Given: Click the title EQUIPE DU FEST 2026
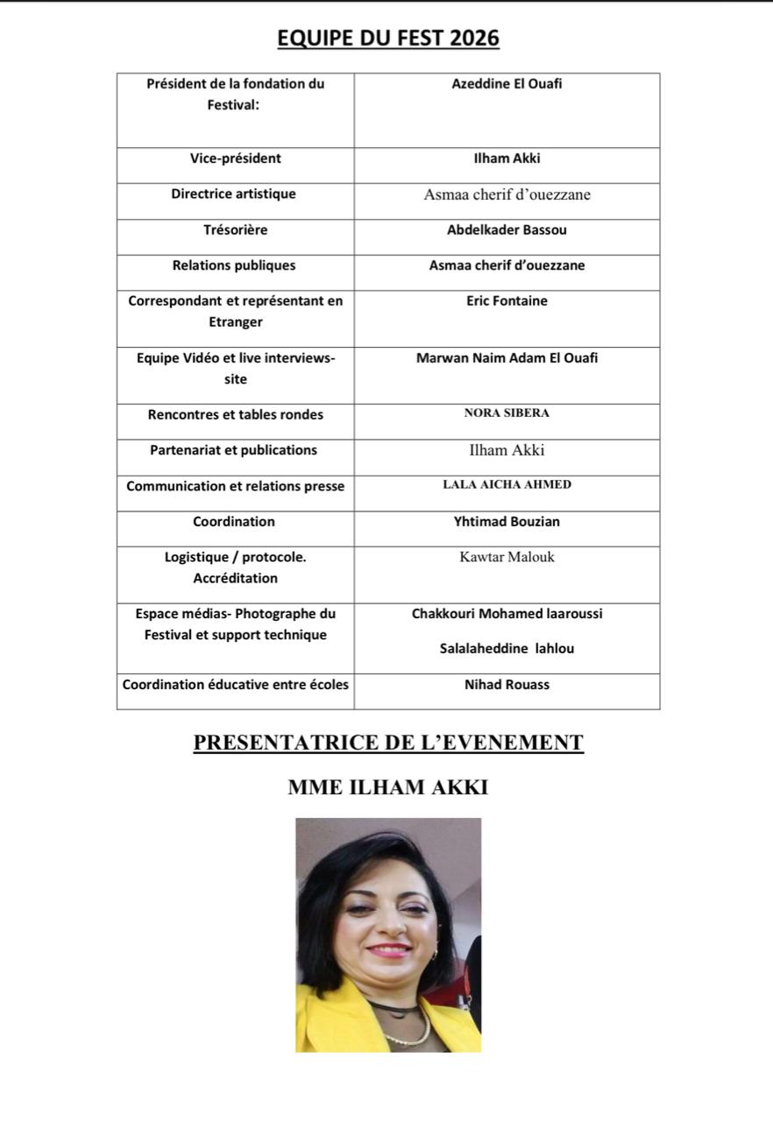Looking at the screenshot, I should click(x=387, y=38).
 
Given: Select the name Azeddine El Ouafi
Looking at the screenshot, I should click(x=507, y=84).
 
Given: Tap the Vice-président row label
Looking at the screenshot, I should click(x=235, y=159).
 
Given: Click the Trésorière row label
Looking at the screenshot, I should click(x=235, y=229).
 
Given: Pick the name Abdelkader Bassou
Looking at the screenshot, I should click(x=507, y=229).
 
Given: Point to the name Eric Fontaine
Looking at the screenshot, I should click(x=507, y=300).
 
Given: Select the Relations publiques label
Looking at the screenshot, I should click(x=235, y=264).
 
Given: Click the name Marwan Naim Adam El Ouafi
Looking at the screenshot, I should click(x=507, y=357).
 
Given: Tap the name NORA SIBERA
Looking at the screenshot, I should click(x=507, y=412).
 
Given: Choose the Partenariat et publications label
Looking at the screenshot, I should click(x=233, y=449).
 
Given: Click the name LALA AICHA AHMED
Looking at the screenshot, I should click(x=507, y=484).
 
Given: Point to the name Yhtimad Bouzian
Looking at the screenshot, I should click(x=507, y=521).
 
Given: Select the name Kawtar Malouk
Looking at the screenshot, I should click(x=507, y=556).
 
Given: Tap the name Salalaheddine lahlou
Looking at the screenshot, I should click(x=507, y=649).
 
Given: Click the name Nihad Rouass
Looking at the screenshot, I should click(x=507, y=684).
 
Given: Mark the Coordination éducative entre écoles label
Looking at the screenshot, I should click(x=235, y=684).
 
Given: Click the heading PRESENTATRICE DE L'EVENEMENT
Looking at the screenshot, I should click(x=387, y=743).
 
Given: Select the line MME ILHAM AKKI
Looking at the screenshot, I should click(x=387, y=787).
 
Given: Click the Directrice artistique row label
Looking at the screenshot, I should click(x=233, y=194).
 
